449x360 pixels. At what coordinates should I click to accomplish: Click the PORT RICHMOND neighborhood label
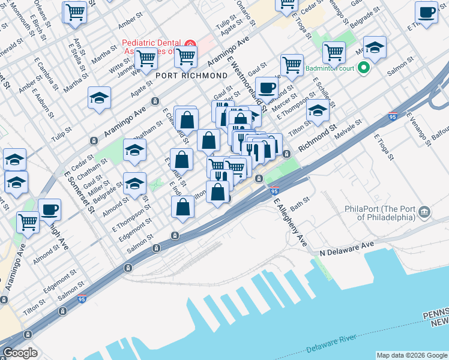191,76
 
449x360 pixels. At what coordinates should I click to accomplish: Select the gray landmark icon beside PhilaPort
424,211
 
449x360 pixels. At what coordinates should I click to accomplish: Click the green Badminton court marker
363,68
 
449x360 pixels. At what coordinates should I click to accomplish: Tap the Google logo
20,353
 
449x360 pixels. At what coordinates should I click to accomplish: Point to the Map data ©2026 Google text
412,355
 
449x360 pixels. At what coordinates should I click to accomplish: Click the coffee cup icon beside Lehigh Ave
49,210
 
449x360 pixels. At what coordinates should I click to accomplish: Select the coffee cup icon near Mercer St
267,88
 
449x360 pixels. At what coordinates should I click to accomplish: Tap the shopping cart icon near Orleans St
74,11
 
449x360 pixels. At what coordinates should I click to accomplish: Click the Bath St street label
300,205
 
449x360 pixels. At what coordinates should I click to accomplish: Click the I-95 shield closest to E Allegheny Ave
274,191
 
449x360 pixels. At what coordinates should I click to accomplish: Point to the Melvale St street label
348,130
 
